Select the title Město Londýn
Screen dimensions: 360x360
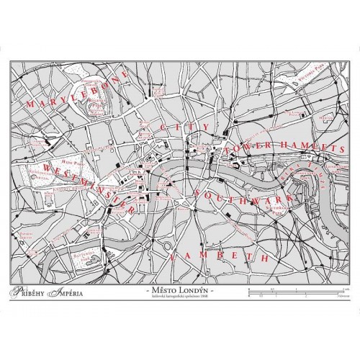click(179, 289)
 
